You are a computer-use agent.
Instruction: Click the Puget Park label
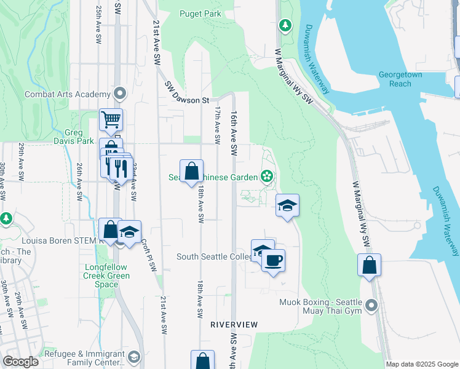coord(200,14)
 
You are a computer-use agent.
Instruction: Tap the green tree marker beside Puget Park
coord(285,25)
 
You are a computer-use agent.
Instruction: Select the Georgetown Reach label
coord(403,78)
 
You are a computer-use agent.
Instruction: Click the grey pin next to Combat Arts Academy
coord(120,94)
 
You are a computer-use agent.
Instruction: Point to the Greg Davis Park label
coord(77,137)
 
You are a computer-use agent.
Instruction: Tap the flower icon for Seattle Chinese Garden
coord(267,177)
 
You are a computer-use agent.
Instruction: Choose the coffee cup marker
coord(273,260)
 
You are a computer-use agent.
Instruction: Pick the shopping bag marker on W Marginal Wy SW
coord(369,265)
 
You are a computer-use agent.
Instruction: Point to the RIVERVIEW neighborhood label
coord(234,324)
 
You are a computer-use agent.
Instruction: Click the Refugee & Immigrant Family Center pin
coord(133,357)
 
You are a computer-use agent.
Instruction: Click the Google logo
coord(20,362)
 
